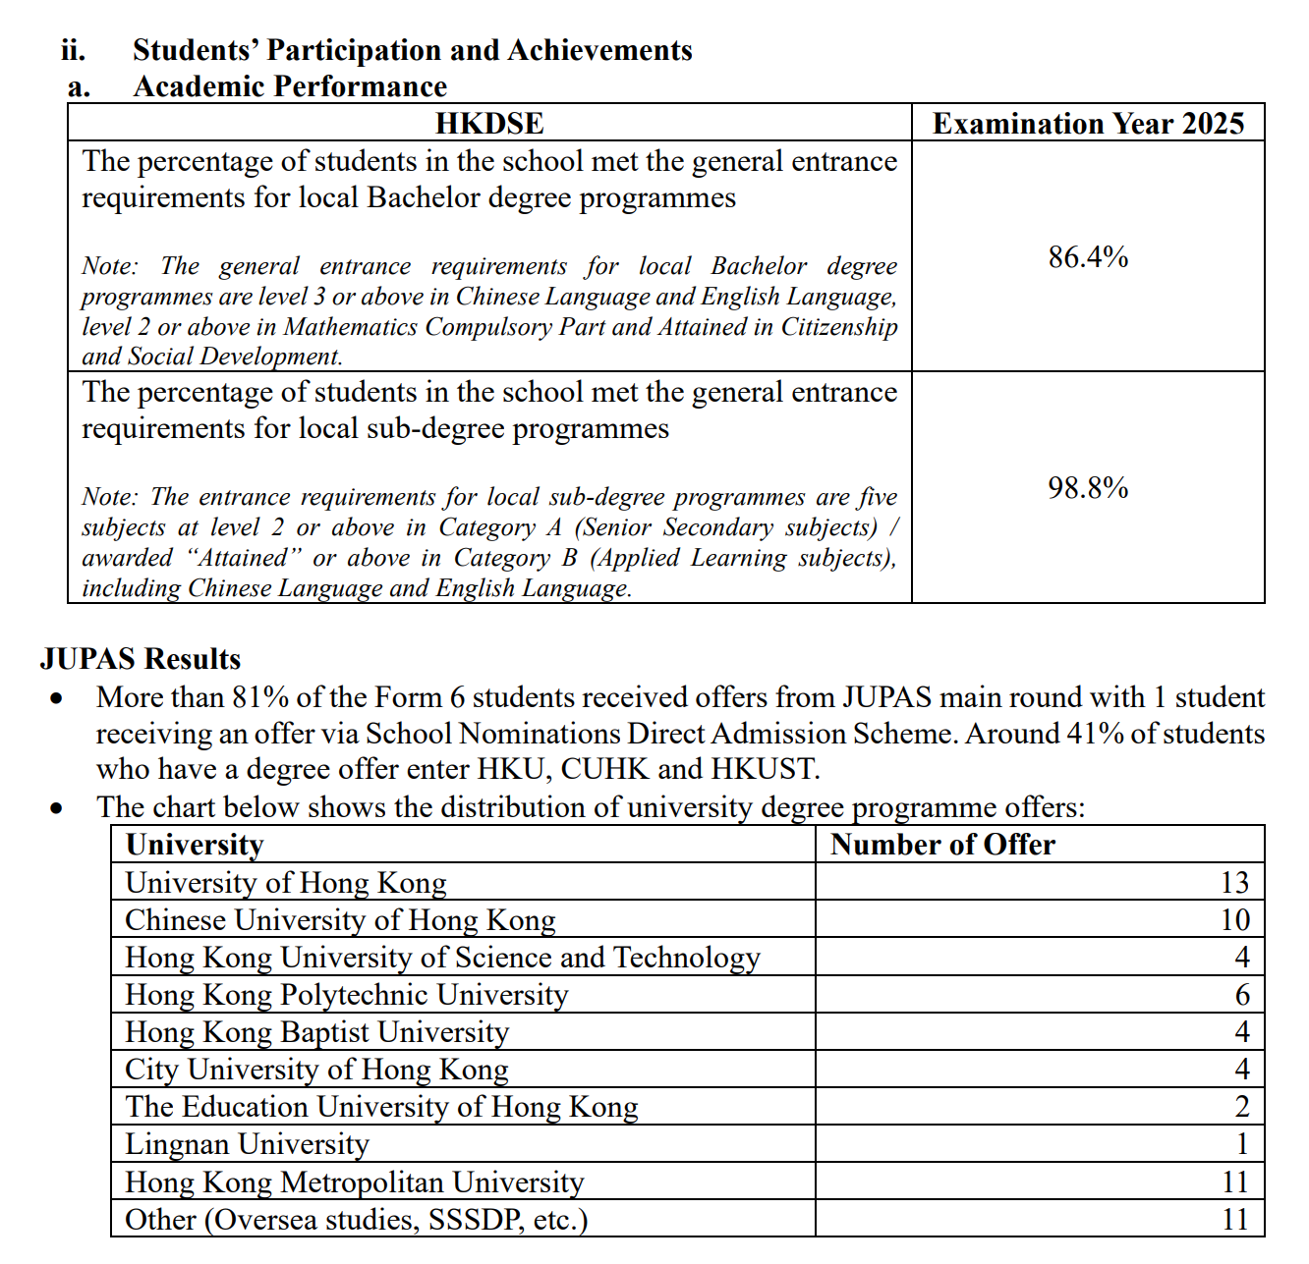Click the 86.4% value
pyautogui.click(x=1087, y=257)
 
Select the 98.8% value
pyautogui.click(x=1087, y=488)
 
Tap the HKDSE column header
pyautogui.click(x=489, y=124)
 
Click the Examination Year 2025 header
pyautogui.click(x=1088, y=124)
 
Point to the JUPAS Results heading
pyautogui.click(x=141, y=659)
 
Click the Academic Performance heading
pyautogui.click(x=290, y=87)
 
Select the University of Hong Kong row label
pyautogui.click(x=286, y=883)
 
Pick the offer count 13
pyautogui.click(x=1234, y=883)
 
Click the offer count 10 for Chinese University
pyautogui.click(x=1234, y=920)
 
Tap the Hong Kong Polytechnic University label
pyautogui.click(x=347, y=995)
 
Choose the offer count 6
pyautogui.click(x=1242, y=995)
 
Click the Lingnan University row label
pyautogui.click(x=248, y=1144)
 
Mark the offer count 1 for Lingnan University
pyautogui.click(x=1242, y=1144)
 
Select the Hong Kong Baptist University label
pyautogui.click(x=317, y=1032)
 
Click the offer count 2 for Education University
pyautogui.click(x=1242, y=1107)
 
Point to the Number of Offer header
pyautogui.click(x=942, y=845)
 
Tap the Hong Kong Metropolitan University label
pyautogui.click(x=355, y=1182)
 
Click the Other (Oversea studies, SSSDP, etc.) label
pyautogui.click(x=357, y=1220)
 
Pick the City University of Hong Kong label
pyautogui.click(x=317, y=1070)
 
